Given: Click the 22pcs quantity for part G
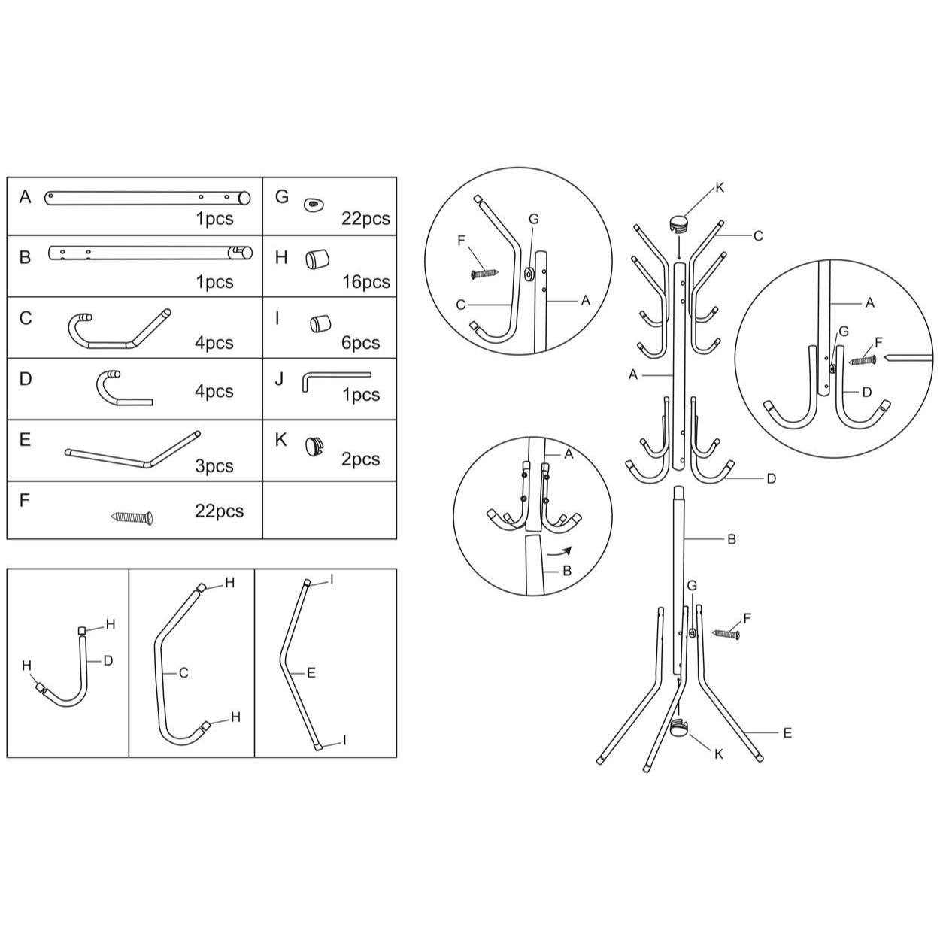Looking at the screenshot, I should coord(365,219).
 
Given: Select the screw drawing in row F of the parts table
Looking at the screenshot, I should coord(132,517).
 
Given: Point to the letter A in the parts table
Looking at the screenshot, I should coord(26,197).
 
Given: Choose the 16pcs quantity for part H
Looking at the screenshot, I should coord(365,282).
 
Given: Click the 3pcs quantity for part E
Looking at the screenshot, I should coord(214,466).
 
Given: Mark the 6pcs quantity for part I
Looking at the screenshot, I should coord(361,343).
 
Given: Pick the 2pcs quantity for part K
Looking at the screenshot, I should coord(361,459).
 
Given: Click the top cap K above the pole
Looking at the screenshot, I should coord(680,222).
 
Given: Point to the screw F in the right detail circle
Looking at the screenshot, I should coord(863,360).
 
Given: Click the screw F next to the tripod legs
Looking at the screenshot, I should coord(726,634).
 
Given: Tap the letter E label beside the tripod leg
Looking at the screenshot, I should coord(787,732).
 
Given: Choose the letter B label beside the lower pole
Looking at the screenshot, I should coord(732,539).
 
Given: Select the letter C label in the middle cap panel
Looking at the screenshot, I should coord(183,672).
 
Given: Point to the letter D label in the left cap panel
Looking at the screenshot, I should coord(108,661).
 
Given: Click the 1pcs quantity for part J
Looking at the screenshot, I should coord(361,395).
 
